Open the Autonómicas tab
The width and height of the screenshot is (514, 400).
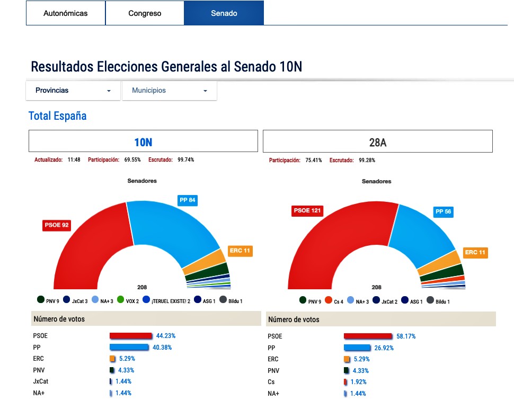pyautogui.click(x=66, y=13)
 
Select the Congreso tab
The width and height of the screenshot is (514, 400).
pyautogui.click(x=145, y=13)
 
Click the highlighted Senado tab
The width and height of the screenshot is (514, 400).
pyautogui.click(x=224, y=13)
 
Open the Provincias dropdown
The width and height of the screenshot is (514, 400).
pyautogui.click(x=73, y=91)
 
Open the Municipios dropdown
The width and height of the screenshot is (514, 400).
pyautogui.click(x=169, y=91)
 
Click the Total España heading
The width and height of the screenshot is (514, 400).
pyautogui.click(x=57, y=116)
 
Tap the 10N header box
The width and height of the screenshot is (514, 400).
pyautogui.click(x=143, y=141)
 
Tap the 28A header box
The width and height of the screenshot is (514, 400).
pyautogui.click(x=378, y=141)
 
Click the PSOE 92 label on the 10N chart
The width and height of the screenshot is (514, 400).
pyautogui.click(x=56, y=225)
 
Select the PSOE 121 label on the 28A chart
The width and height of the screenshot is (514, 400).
pyautogui.click(x=308, y=211)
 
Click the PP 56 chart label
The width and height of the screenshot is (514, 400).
pyautogui.click(x=443, y=212)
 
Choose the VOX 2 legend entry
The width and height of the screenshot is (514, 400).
pyautogui.click(x=128, y=301)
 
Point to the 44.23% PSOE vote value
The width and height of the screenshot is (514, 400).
pyautogui.click(x=165, y=336)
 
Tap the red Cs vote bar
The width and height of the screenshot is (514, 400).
pyautogui.click(x=345, y=382)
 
